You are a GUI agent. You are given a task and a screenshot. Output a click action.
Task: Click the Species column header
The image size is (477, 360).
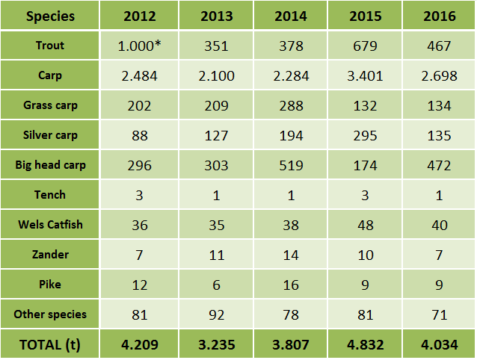point(50,16)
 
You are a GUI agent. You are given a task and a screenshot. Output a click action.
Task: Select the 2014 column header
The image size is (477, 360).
point(290,16)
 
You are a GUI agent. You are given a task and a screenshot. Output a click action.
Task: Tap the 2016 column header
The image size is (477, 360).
point(439,16)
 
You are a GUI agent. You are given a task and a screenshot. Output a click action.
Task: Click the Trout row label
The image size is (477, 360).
point(50,46)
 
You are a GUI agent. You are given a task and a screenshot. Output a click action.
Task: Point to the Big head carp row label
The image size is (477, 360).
point(50,165)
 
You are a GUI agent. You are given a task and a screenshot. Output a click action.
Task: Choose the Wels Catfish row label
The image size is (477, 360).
point(50,225)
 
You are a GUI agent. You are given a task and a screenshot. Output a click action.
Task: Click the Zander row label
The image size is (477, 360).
point(50,255)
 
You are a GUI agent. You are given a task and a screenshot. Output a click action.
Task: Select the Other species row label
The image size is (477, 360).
point(50,314)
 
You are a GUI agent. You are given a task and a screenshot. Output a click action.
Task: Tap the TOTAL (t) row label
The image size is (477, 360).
point(50,345)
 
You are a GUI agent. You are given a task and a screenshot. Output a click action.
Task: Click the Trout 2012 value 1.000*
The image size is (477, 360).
point(141,46)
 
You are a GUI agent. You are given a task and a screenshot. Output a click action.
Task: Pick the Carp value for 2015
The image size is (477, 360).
point(365,75)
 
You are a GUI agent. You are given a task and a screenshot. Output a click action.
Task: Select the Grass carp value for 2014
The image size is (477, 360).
point(290,105)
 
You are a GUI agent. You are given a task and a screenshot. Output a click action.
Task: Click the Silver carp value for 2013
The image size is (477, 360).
point(215,135)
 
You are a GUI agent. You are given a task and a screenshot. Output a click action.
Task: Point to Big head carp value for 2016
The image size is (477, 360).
point(439,165)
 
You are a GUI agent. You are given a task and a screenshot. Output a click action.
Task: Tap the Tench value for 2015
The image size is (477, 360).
point(365,195)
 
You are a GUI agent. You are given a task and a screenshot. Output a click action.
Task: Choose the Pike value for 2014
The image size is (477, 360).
point(290,285)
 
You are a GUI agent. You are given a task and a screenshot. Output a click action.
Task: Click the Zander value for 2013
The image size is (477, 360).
point(215,255)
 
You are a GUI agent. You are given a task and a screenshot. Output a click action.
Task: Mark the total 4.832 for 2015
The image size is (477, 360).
point(365,345)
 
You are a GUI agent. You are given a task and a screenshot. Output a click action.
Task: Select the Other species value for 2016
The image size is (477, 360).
point(439,314)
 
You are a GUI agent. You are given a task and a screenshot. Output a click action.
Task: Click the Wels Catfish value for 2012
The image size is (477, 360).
point(141,225)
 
